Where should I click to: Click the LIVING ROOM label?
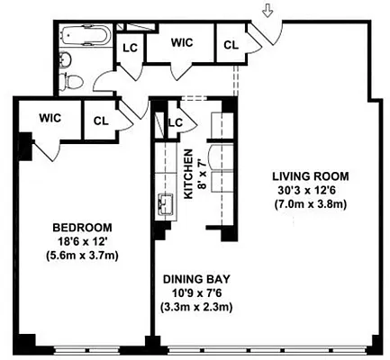[x=300, y=175]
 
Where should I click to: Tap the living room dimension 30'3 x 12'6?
[x=300, y=189]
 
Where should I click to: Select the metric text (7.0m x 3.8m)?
[x=300, y=203]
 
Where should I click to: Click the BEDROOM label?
[x=81, y=227]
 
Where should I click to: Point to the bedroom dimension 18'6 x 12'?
[x=81, y=240]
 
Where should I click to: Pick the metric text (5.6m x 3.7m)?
[x=81, y=255]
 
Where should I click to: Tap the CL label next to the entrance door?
[x=231, y=44]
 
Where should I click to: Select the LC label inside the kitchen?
[x=176, y=122]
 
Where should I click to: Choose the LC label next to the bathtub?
[x=130, y=48]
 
